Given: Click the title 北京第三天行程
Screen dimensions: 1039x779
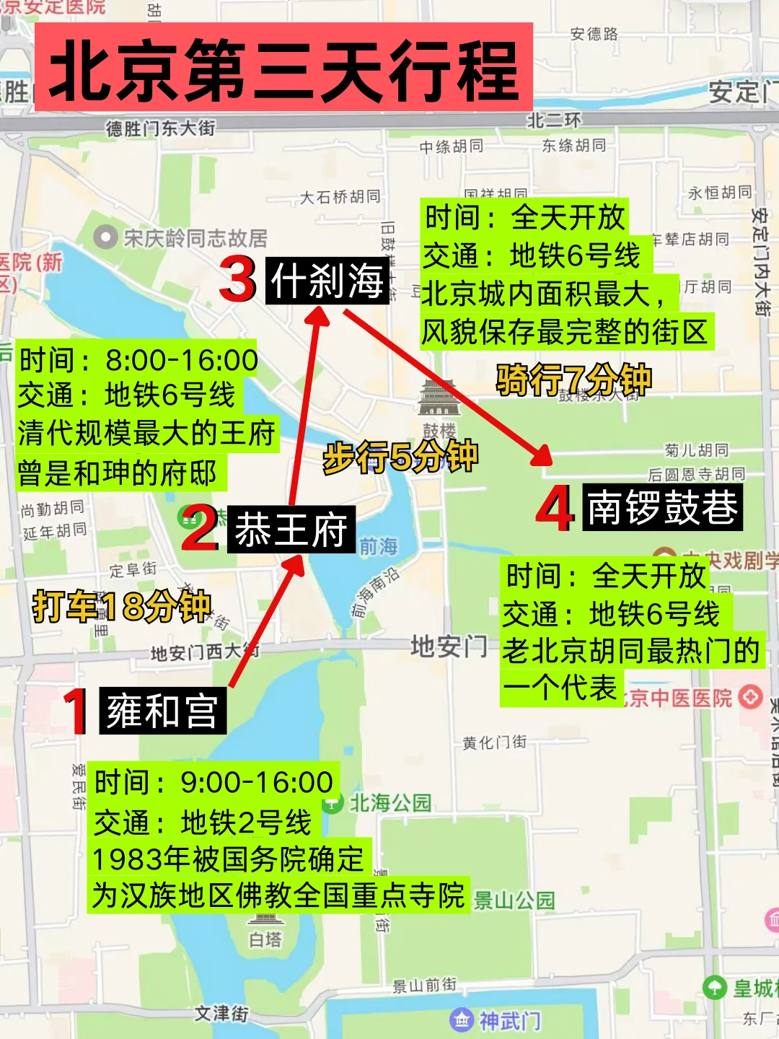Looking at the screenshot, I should pos(283,69).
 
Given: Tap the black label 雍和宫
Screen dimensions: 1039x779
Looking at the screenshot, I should pos(162,711).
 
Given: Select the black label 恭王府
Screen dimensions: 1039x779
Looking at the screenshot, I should pos(291,530).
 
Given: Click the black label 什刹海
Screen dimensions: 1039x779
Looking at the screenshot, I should pos(327,280).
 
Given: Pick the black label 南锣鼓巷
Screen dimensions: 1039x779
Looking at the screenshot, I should pos(662,507).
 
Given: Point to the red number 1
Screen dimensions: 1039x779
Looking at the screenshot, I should pos(76,711).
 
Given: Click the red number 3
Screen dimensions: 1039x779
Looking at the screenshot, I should pos(238,280).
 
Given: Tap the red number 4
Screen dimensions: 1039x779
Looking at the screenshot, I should pos(555,509).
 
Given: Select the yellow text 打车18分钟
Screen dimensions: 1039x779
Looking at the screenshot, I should pos(121,606).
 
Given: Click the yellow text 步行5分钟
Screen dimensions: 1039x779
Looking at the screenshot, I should pos(400,456).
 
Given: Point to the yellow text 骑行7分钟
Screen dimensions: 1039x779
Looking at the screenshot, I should pos(573,379).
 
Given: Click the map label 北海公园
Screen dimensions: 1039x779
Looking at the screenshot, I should pos(389,802).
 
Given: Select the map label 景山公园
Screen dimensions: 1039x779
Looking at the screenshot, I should pos(514,900).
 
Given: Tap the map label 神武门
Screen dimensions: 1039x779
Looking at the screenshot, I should pos(509,1020).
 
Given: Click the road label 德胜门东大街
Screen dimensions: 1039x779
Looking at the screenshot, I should pos(160,128).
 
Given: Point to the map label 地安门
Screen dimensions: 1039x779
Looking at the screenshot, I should pos(449,646).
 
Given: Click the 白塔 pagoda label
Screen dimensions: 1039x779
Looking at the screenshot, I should pos(265,939).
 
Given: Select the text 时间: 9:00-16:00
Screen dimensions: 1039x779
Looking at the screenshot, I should pos(214,782).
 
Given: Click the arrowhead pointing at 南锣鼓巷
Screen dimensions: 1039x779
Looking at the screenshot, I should pos(542,456).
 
